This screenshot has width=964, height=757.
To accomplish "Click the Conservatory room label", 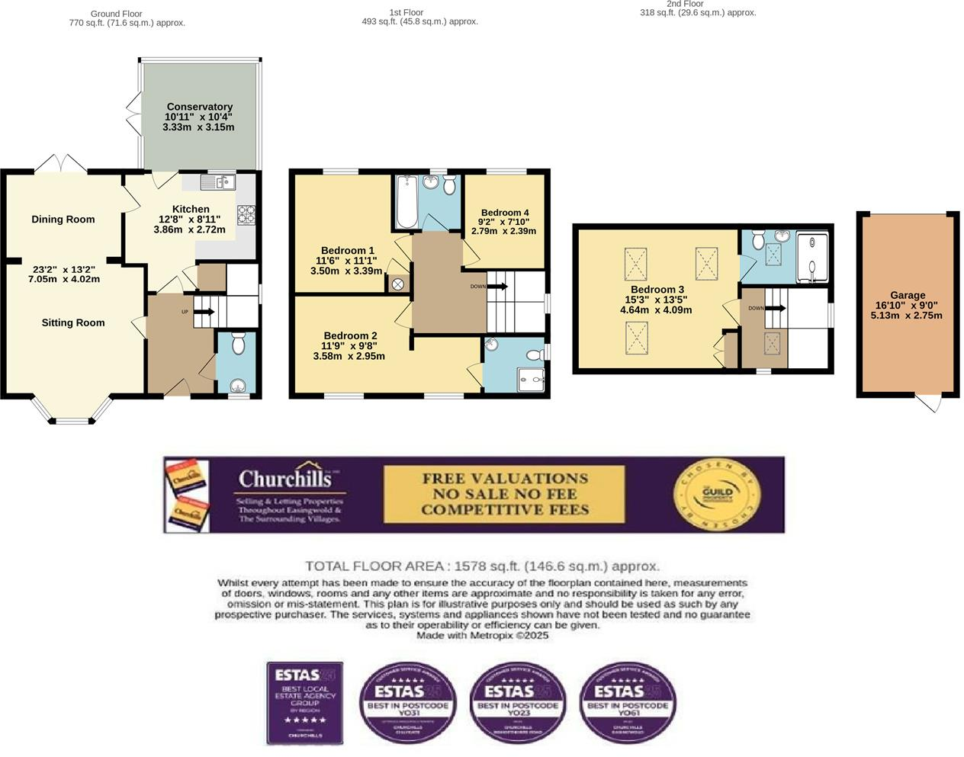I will (x=199, y=107).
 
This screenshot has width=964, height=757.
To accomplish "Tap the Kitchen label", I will (x=191, y=209).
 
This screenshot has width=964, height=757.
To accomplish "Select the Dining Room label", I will (x=63, y=220).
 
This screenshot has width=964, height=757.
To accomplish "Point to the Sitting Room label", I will (x=73, y=322).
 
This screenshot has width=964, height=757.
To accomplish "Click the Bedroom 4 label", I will (x=505, y=213).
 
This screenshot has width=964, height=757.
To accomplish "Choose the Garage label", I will (x=908, y=295).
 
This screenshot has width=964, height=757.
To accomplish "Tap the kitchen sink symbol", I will (x=218, y=182).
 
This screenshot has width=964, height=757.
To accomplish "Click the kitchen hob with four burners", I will (x=246, y=214).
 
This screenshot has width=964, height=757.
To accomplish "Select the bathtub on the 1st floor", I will (x=406, y=202).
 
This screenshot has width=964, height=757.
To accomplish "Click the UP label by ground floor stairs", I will (x=185, y=312).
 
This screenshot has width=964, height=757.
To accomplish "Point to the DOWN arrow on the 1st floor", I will (x=497, y=287).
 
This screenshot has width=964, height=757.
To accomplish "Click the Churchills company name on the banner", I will (x=285, y=479).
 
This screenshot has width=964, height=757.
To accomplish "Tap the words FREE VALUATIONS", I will (x=505, y=479).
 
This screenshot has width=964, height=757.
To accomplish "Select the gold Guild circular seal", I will (x=717, y=493).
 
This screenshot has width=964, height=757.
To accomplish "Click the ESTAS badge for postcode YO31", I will (x=408, y=701).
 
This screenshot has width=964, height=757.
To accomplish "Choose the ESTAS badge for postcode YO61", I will (x=628, y=701).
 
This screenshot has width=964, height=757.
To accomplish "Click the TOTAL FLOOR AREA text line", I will (x=482, y=566).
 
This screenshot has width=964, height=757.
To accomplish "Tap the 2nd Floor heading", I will (x=684, y=5).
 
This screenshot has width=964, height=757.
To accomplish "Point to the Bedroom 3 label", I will (x=657, y=290).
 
